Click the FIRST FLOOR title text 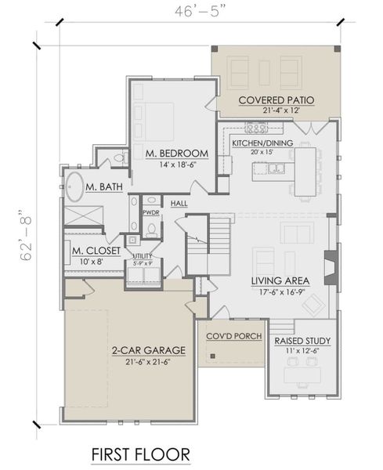click(139, 454)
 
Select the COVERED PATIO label click(276, 99)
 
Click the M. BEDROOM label click(176, 153)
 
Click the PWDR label click(150, 211)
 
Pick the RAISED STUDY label click(302, 341)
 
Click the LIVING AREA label click(280, 280)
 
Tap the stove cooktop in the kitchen click(256, 128)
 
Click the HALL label click(179, 204)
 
